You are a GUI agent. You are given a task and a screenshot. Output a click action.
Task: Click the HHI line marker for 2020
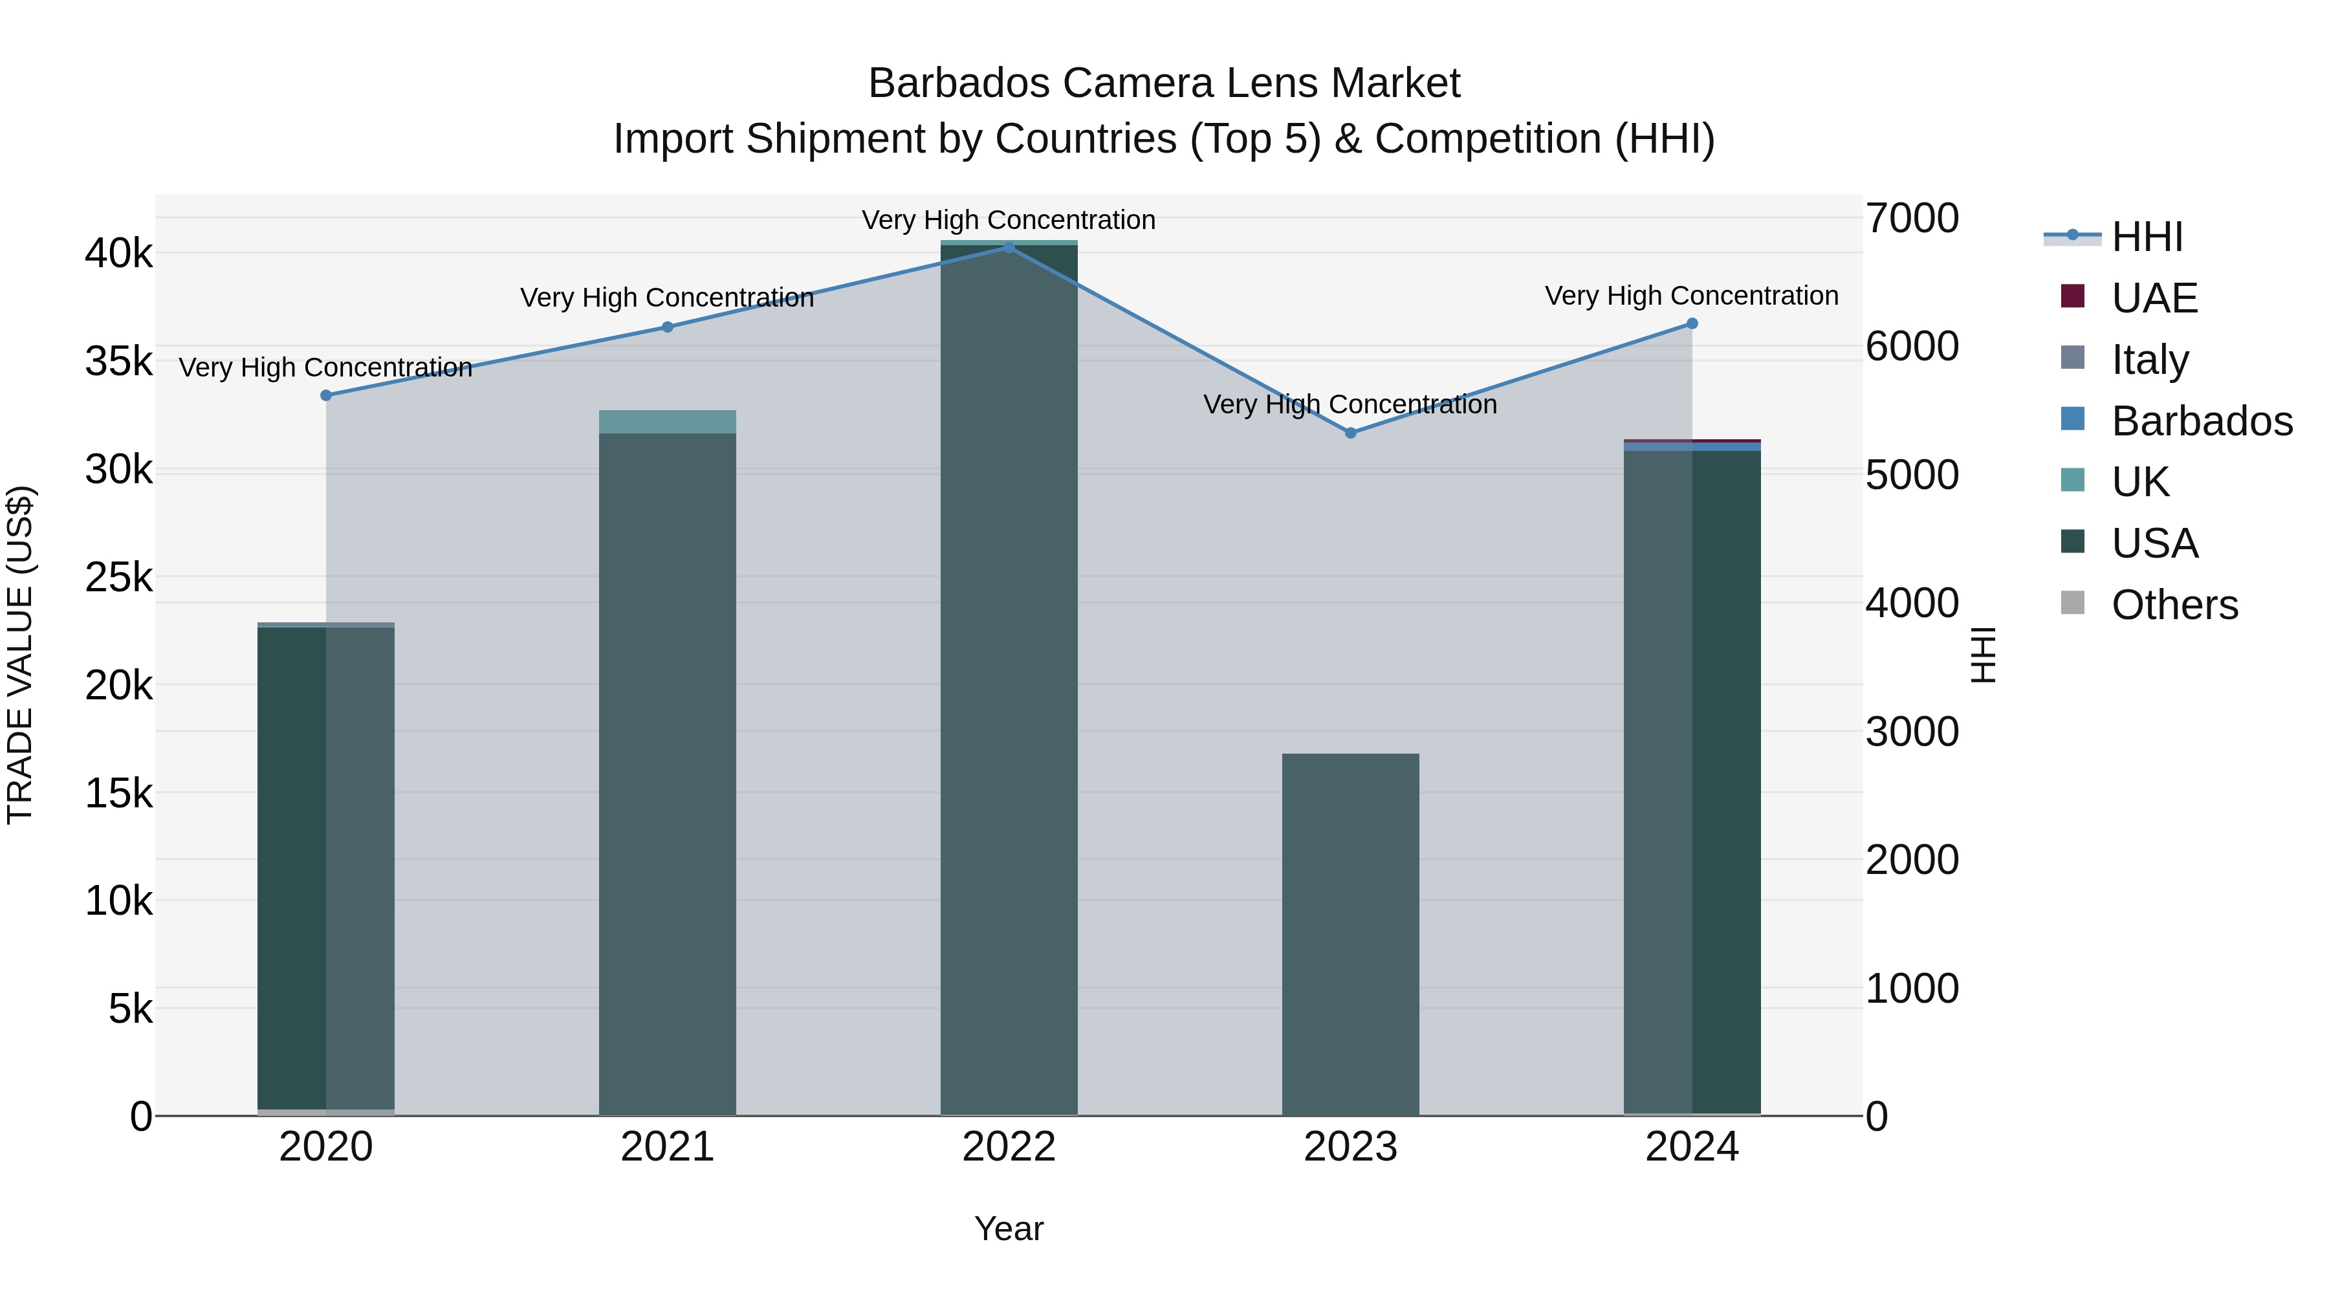click(327, 395)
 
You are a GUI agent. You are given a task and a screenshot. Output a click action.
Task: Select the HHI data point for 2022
click(1009, 247)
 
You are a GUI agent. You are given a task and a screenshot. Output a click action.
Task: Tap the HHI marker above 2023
click(1351, 433)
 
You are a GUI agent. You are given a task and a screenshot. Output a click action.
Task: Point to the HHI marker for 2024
click(1692, 323)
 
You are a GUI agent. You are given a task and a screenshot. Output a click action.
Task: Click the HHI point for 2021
click(667, 327)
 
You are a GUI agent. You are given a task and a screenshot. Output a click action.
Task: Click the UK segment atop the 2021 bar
click(667, 421)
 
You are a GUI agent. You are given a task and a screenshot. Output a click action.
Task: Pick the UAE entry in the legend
click(2154, 298)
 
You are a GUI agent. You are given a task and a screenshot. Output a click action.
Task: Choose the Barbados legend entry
click(2202, 421)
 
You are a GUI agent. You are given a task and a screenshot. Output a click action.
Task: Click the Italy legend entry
click(2149, 360)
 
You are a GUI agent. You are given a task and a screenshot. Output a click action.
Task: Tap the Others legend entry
click(2174, 605)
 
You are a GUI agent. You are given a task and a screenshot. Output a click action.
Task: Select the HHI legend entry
click(2147, 237)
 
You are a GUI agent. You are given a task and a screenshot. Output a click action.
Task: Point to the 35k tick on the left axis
click(119, 362)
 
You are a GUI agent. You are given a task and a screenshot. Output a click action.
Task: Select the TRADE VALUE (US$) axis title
click(20, 655)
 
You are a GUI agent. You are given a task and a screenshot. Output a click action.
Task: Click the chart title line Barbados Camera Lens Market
click(1164, 83)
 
